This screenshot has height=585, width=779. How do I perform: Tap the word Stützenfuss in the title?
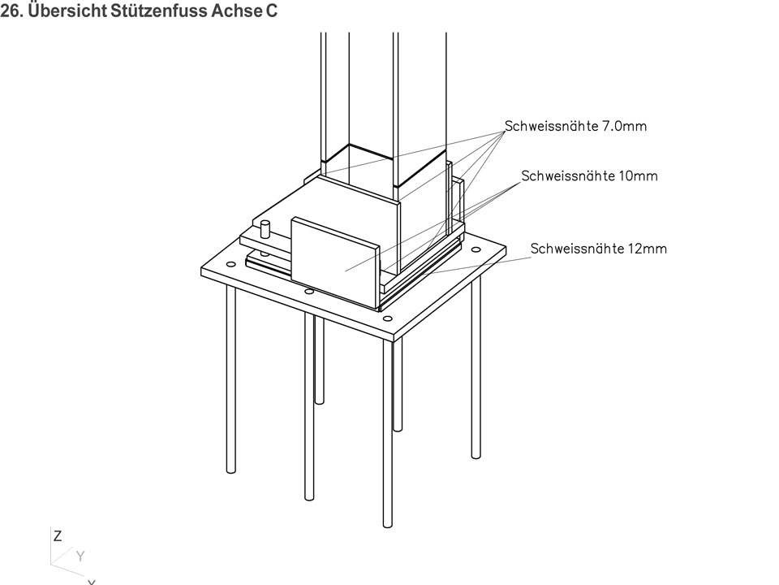[158, 11]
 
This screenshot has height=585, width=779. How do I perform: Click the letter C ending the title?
[271, 11]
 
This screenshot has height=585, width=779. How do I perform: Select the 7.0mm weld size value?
[625, 127]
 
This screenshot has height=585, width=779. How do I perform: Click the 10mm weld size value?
[639, 176]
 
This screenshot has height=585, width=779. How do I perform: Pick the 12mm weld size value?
[648, 249]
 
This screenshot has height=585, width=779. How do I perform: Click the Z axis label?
[58, 536]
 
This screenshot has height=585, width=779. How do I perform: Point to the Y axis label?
[80, 556]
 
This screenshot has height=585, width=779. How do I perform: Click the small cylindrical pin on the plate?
[265, 230]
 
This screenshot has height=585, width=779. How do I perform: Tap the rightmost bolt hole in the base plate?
[476, 249]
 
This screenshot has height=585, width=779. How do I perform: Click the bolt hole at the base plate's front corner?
[388, 318]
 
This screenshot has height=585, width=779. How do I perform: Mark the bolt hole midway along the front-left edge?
[309, 292]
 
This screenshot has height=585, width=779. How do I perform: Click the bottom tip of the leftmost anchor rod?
[230, 471]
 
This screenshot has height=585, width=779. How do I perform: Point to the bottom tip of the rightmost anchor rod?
[476, 456]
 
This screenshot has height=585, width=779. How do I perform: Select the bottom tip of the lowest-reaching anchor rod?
[388, 525]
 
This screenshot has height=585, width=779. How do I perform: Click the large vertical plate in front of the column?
[335, 262]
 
